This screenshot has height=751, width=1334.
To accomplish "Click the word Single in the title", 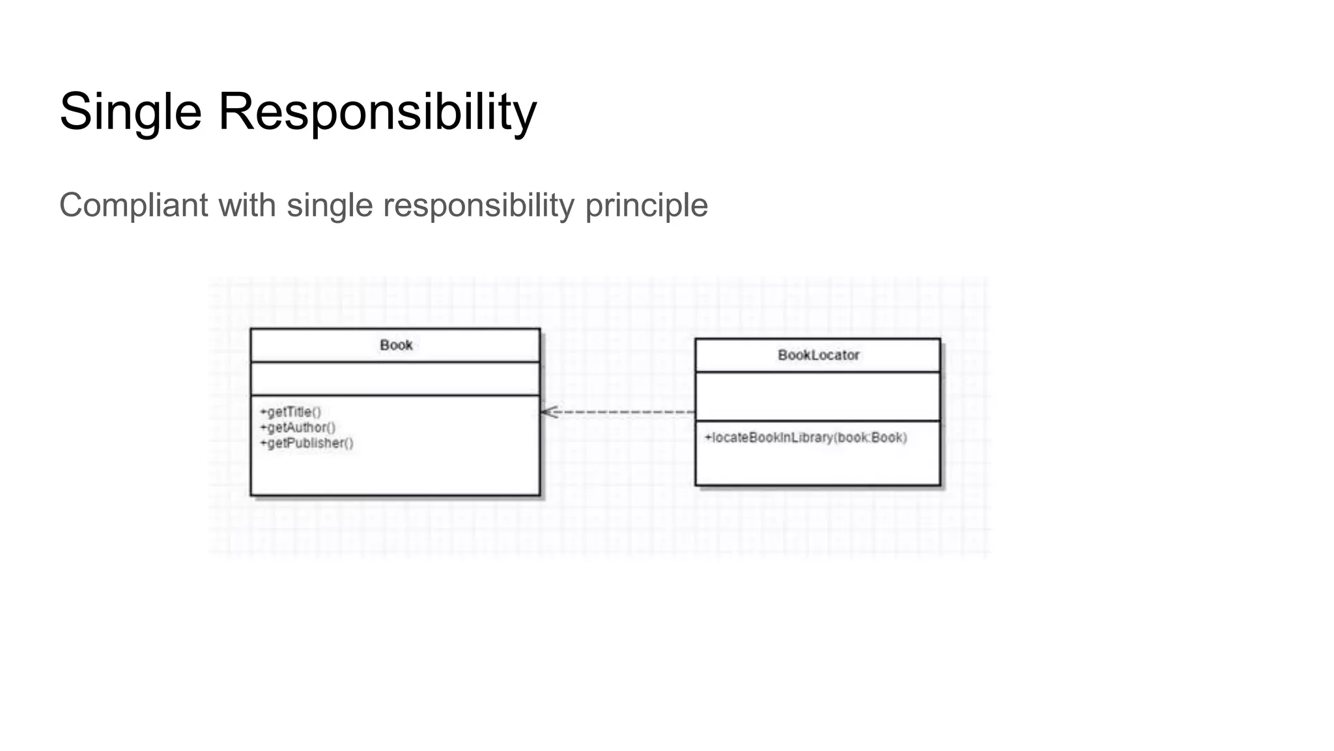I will tap(130, 112).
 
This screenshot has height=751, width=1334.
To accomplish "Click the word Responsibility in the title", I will tap(377, 112).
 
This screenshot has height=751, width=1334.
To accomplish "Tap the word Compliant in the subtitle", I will tap(134, 205).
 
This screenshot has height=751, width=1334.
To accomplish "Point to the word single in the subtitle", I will tap(330, 205).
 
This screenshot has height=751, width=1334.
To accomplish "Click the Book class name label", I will tap(396, 345).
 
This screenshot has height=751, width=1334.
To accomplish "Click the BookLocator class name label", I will tap(818, 355).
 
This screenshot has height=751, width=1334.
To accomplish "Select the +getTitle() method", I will tap(291, 412).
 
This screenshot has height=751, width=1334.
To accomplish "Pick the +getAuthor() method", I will tap(298, 428).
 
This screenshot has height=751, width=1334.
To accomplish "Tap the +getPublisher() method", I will tap(307, 443).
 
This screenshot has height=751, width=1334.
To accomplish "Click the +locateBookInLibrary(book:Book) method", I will tap(806, 437).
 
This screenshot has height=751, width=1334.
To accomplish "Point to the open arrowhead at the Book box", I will tap(548, 412).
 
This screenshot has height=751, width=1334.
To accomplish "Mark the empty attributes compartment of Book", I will tap(395, 379).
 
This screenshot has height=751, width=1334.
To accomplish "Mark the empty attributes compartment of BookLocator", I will tap(817, 396).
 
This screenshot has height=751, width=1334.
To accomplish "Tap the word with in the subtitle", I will tap(248, 205).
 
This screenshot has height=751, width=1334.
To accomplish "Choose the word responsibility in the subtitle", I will tap(479, 205).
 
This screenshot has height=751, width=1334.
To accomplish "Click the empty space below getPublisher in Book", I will tap(395, 473).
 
